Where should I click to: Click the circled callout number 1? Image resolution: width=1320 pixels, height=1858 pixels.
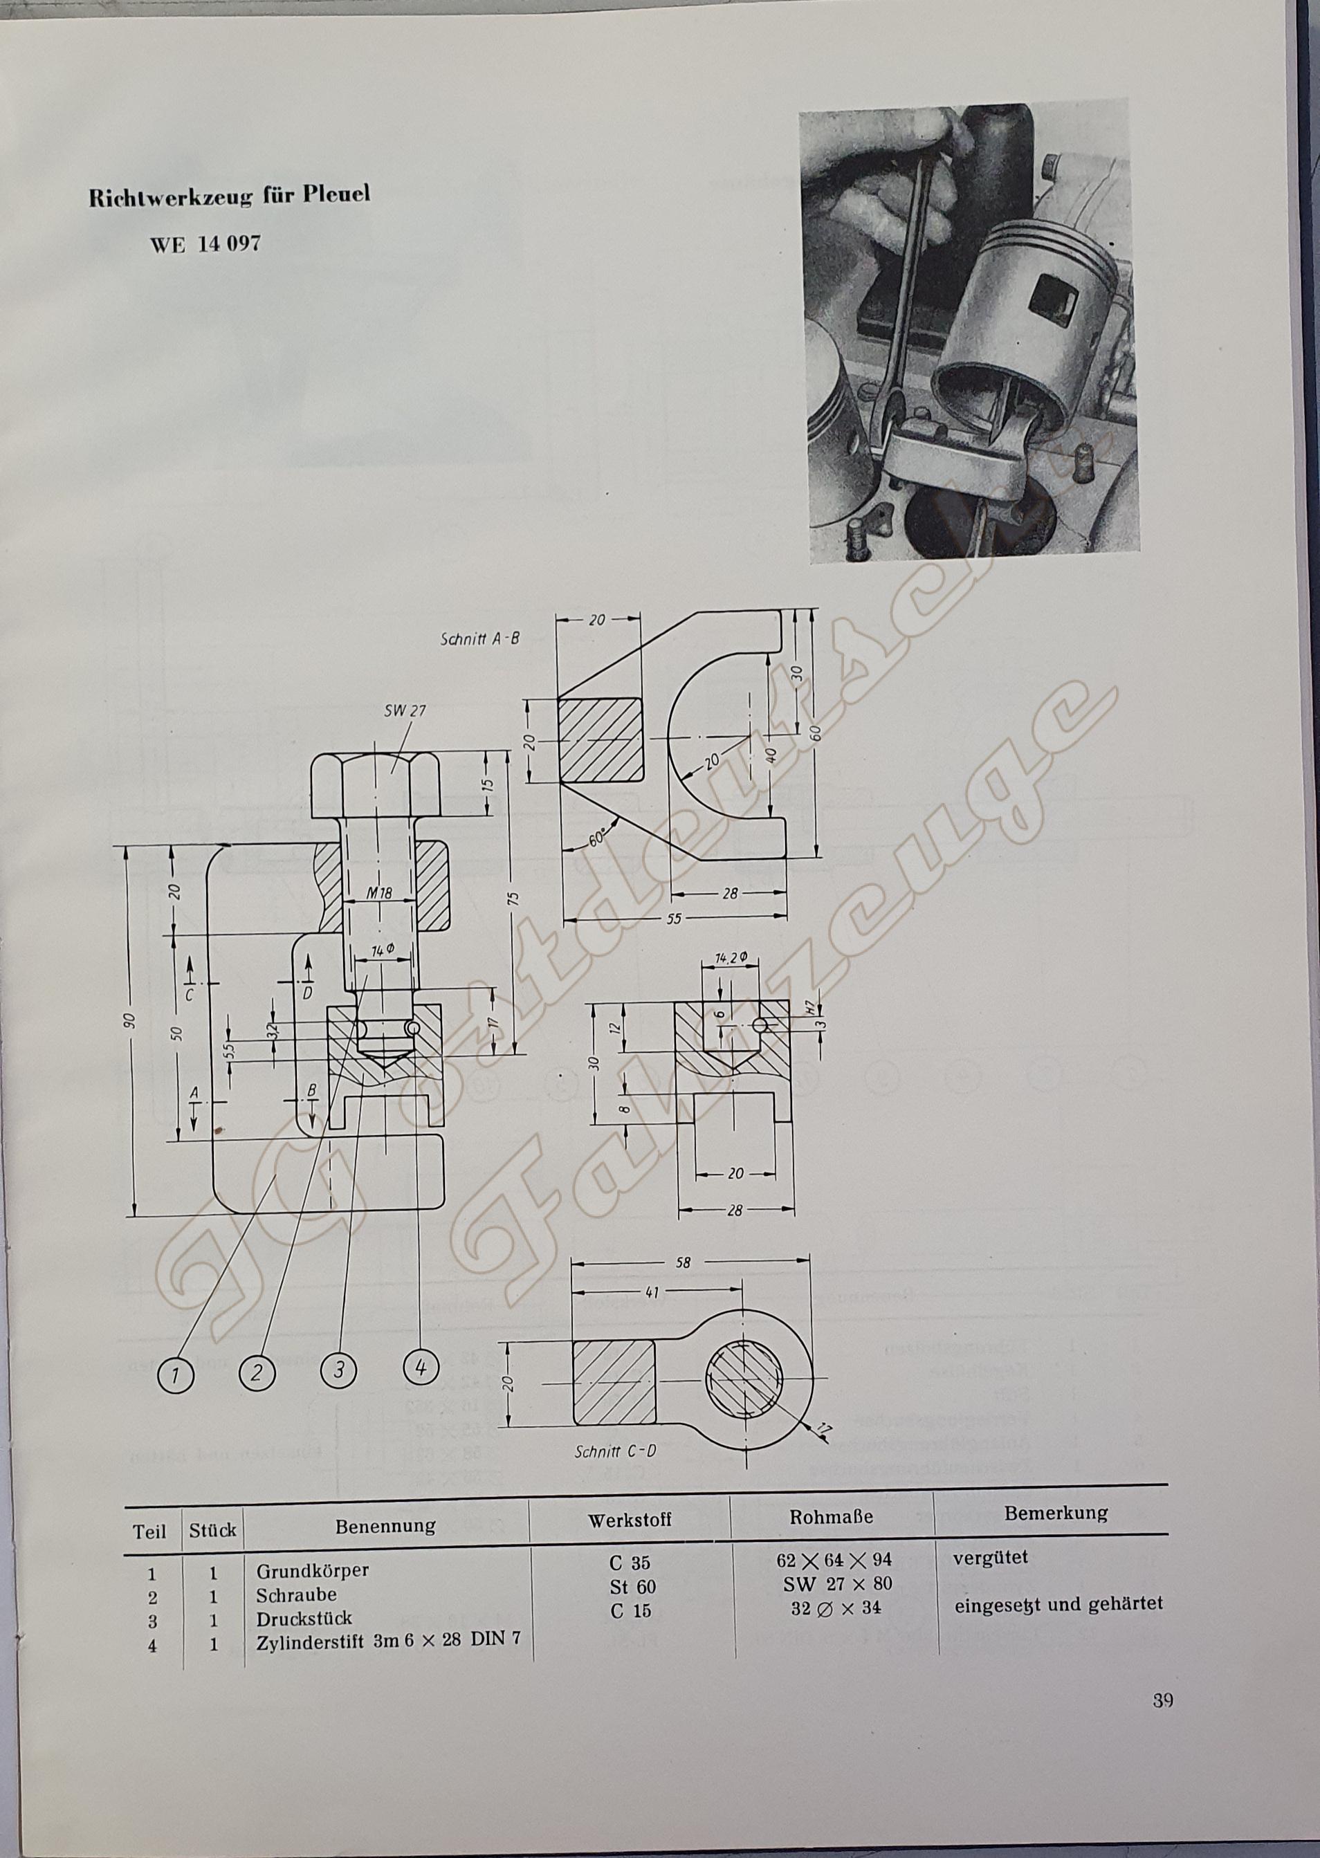[176, 1375]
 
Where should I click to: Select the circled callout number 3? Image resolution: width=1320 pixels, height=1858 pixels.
[339, 1370]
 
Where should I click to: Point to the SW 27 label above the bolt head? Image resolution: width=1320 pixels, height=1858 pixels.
[405, 710]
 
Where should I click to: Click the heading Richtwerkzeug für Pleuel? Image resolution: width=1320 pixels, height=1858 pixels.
[229, 196]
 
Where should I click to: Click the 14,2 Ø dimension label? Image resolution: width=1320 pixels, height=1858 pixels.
[731, 959]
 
